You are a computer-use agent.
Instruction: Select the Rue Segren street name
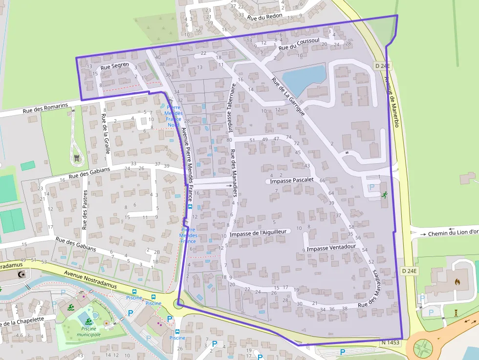(x=115, y=65)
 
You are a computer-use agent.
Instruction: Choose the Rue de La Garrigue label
(x=288, y=97)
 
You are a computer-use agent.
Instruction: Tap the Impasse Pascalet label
(x=292, y=180)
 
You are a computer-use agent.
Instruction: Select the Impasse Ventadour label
(x=331, y=248)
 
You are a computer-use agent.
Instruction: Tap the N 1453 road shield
(x=390, y=343)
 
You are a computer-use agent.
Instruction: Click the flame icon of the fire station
(x=457, y=282)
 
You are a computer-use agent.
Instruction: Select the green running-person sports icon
(x=384, y=195)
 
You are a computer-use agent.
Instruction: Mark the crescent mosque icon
(x=21, y=275)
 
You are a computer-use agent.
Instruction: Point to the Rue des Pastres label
(x=85, y=210)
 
